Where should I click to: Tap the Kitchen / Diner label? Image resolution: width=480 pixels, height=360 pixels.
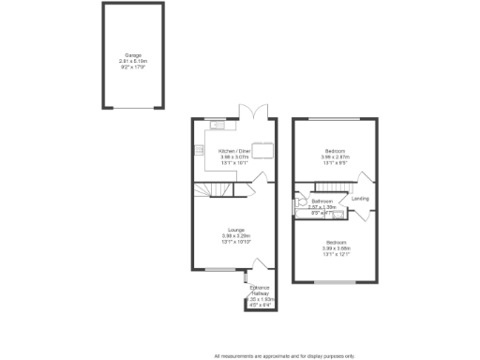234,151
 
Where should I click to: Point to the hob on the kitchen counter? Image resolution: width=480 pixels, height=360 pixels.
199,150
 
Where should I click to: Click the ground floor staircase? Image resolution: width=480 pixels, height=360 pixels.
218,191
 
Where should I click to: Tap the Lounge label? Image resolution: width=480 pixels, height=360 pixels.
233,230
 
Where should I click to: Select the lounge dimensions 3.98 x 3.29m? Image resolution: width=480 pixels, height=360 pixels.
233,235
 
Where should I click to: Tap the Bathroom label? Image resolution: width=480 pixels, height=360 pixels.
323,202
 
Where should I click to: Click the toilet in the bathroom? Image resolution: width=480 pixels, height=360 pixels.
302,201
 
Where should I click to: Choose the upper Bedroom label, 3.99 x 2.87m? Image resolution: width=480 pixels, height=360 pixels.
335,151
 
